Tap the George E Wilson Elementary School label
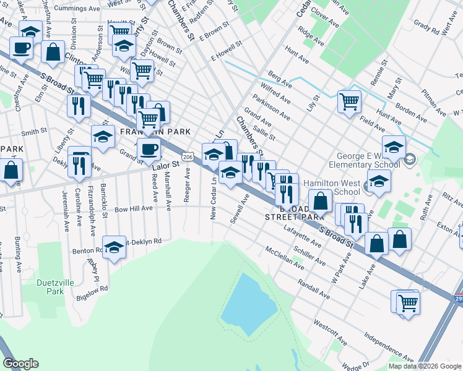click(370, 160)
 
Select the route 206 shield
click(189, 158)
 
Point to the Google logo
click(20, 364)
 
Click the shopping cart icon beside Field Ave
click(350, 101)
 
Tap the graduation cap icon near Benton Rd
click(114, 249)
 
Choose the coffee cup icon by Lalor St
click(148, 149)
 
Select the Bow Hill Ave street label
click(133, 209)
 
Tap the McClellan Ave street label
click(284, 258)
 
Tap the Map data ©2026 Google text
click(425, 366)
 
